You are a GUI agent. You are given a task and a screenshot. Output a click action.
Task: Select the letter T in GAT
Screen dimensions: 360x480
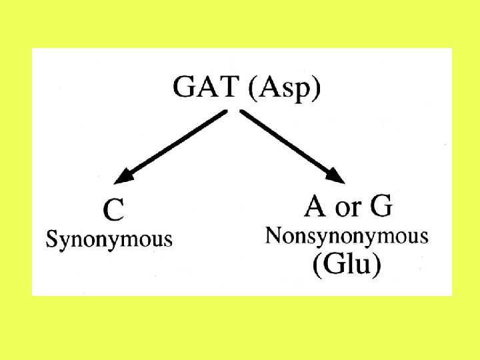click(229, 88)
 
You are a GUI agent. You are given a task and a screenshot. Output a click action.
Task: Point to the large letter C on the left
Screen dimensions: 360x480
click(113, 211)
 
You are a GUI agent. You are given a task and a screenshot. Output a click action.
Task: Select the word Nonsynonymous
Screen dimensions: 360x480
click(347, 236)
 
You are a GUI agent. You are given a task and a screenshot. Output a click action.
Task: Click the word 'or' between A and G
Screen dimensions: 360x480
click(348, 209)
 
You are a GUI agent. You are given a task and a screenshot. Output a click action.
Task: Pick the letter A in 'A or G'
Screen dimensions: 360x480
click(316, 207)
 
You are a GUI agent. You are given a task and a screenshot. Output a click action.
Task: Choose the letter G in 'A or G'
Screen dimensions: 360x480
click(381, 207)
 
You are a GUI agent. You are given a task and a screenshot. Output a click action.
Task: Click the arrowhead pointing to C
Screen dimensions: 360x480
click(123, 177)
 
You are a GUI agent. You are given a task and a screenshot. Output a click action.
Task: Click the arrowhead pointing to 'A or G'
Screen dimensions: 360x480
click(337, 175)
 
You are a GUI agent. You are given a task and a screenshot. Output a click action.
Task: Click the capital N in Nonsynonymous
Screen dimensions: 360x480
click(273, 235)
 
